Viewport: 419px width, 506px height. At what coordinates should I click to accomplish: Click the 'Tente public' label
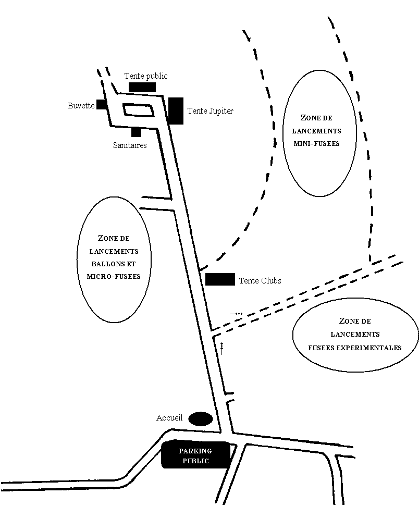146,76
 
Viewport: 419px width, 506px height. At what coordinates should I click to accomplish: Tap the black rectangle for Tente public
142,87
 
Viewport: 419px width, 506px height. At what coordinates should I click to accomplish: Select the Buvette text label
81,105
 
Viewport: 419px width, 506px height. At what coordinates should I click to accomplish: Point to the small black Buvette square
102,104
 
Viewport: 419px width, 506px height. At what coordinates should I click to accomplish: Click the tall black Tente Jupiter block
176,110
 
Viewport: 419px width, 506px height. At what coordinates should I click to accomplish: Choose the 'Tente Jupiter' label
211,110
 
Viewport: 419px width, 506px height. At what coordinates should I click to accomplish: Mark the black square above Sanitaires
136,132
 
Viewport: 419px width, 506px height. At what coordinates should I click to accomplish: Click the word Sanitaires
130,145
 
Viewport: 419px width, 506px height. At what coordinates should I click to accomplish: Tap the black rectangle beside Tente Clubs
220,279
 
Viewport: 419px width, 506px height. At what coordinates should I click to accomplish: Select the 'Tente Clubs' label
260,281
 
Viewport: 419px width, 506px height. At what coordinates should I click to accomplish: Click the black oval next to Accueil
201,419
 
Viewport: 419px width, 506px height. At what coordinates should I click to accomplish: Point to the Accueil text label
169,418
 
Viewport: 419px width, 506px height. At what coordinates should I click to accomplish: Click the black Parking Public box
195,455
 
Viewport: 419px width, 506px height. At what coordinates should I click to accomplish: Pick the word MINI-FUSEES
316,144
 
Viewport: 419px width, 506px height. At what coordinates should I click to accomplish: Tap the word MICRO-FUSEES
114,277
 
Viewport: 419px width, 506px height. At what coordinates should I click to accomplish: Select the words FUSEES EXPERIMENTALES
355,348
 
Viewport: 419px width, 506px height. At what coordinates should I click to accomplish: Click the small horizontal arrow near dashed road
236,314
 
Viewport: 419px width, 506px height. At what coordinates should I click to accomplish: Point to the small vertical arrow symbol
222,349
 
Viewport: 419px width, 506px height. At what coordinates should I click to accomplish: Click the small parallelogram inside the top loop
138,110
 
